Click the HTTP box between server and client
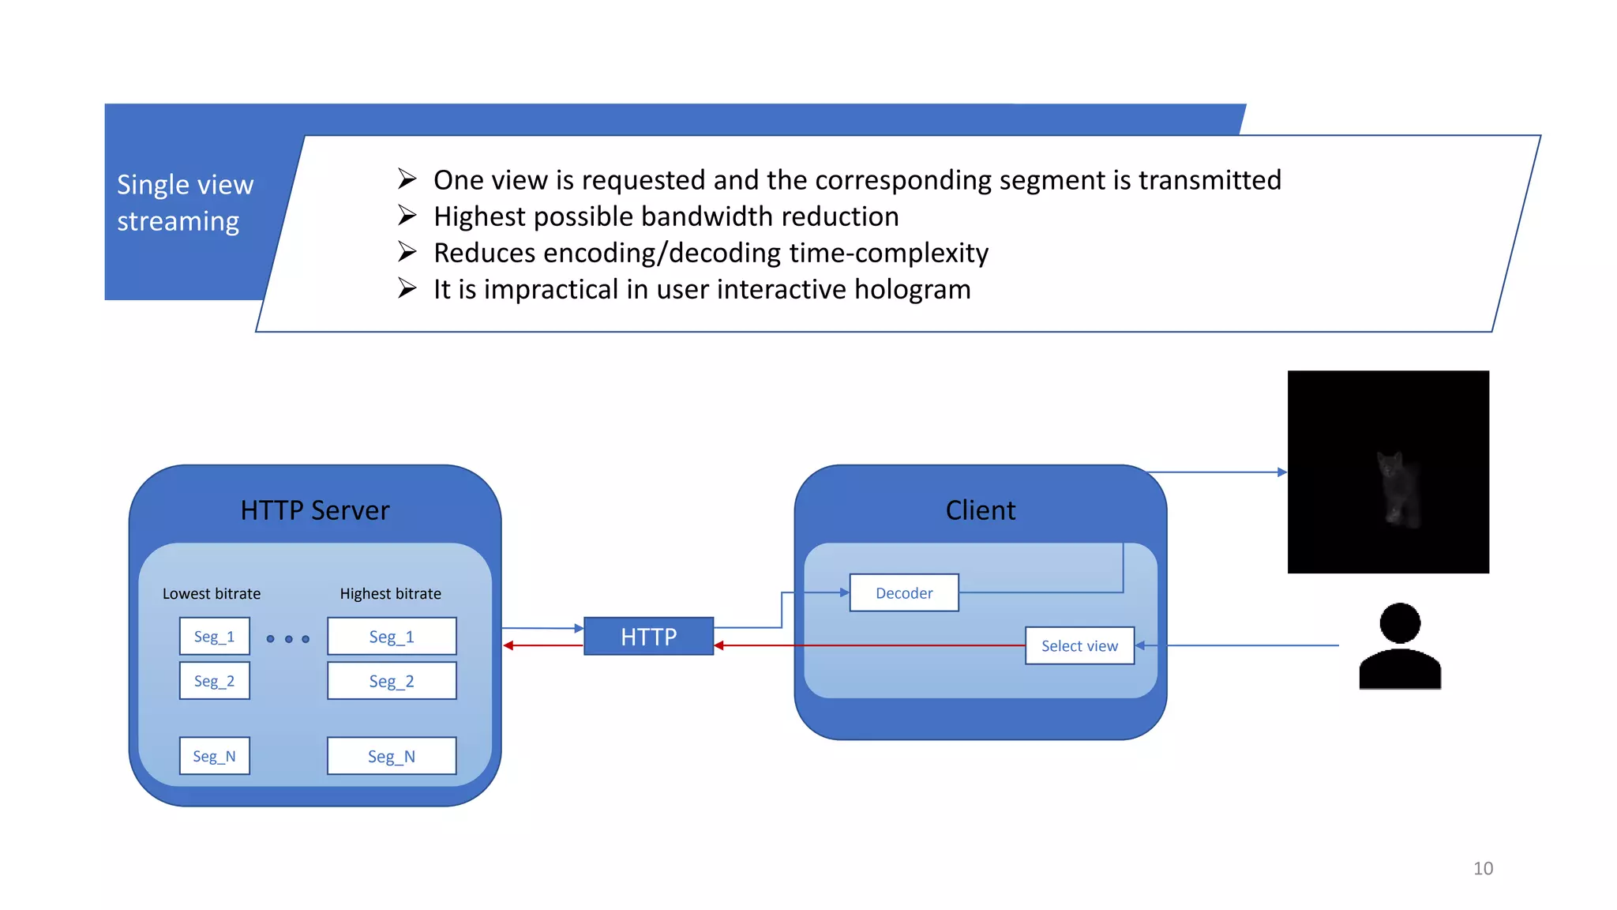pyautogui.click(x=648, y=636)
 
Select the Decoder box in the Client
pyautogui.click(x=904, y=592)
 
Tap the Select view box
pyautogui.click(x=1079, y=645)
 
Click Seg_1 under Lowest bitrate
pyautogui.click(x=214, y=636)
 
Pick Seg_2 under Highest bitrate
pyautogui.click(x=392, y=681)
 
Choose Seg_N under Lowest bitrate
pyautogui.click(x=214, y=756)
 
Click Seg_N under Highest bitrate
pyautogui.click(x=392, y=756)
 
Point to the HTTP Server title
pyautogui.click(x=314, y=510)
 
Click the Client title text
pyautogui.click(x=980, y=510)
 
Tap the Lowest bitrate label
pyautogui.click(x=212, y=593)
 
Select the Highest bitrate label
pyautogui.click(x=390, y=593)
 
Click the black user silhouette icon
pyautogui.click(x=1400, y=646)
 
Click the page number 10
pyautogui.click(x=1483, y=868)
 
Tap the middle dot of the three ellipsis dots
pyautogui.click(x=288, y=638)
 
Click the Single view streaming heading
pyautogui.click(x=185, y=202)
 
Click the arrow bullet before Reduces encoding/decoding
pyautogui.click(x=407, y=252)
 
